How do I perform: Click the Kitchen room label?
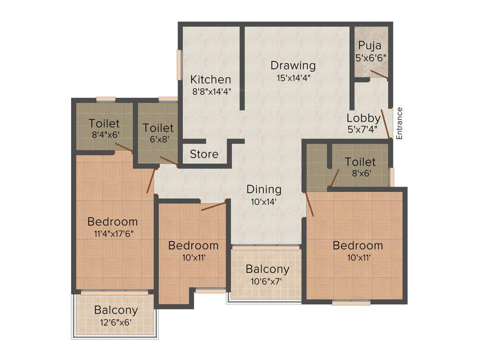point(210,79)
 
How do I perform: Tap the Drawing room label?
point(293,65)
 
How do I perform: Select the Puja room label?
point(370,45)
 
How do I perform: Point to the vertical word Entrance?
point(399,123)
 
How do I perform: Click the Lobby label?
point(363,118)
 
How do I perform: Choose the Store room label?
point(204,154)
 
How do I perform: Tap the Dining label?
point(264,189)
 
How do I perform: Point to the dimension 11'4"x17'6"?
point(112,233)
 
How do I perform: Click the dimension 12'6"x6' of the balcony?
point(116,322)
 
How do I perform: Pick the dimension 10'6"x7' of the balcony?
point(267,281)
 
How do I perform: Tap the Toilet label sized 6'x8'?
point(158,127)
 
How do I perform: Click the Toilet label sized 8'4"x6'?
point(104,124)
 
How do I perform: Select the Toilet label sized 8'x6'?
point(360,162)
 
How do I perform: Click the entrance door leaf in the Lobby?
point(386,124)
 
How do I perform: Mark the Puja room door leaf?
point(379,75)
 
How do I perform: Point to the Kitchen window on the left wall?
point(179,65)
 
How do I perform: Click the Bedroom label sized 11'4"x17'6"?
point(112,221)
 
